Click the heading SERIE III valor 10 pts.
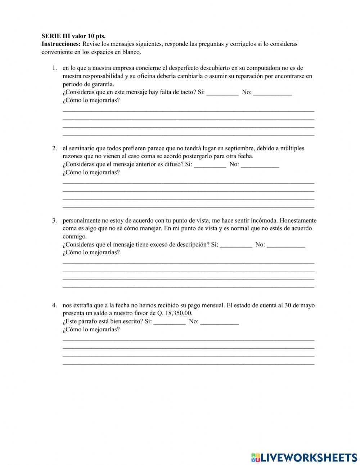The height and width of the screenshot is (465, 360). [x=73, y=36]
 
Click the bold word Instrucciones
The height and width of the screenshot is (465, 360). [x=61, y=44]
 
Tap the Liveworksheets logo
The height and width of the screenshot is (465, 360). [x=304, y=457]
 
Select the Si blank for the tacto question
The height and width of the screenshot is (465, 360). [x=222, y=93]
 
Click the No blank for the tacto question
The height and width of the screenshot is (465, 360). [x=272, y=93]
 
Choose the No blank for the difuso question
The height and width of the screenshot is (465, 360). [x=260, y=165]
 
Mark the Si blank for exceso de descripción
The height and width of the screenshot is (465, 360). [x=236, y=245]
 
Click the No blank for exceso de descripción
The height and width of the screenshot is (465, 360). [x=286, y=245]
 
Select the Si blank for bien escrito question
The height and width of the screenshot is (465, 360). [x=170, y=322]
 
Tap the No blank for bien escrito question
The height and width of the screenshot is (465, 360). [x=219, y=322]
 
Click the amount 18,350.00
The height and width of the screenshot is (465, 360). [x=179, y=313]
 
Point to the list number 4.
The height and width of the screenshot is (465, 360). [x=54, y=305]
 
